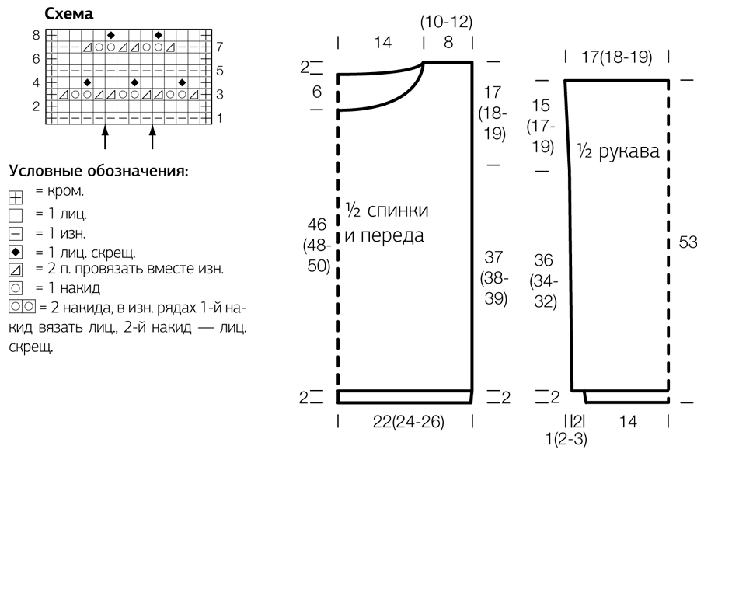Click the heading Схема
[68, 14]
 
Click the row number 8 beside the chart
[37, 35]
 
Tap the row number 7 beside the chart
[219, 47]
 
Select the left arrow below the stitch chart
[105, 137]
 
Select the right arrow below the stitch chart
[152, 137]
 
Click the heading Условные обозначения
[99, 170]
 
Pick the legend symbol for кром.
[16, 197]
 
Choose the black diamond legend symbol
[16, 252]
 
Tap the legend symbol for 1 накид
[16, 287]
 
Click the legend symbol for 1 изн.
[16, 234]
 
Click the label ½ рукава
[619, 151]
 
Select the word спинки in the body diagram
[398, 211]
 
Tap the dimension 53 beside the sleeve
[688, 242]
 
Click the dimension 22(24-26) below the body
[408, 422]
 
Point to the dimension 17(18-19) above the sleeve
[616, 57]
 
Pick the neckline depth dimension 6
[317, 92]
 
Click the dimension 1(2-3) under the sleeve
[566, 438]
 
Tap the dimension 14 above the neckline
[382, 42]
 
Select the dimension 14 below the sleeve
[628, 421]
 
